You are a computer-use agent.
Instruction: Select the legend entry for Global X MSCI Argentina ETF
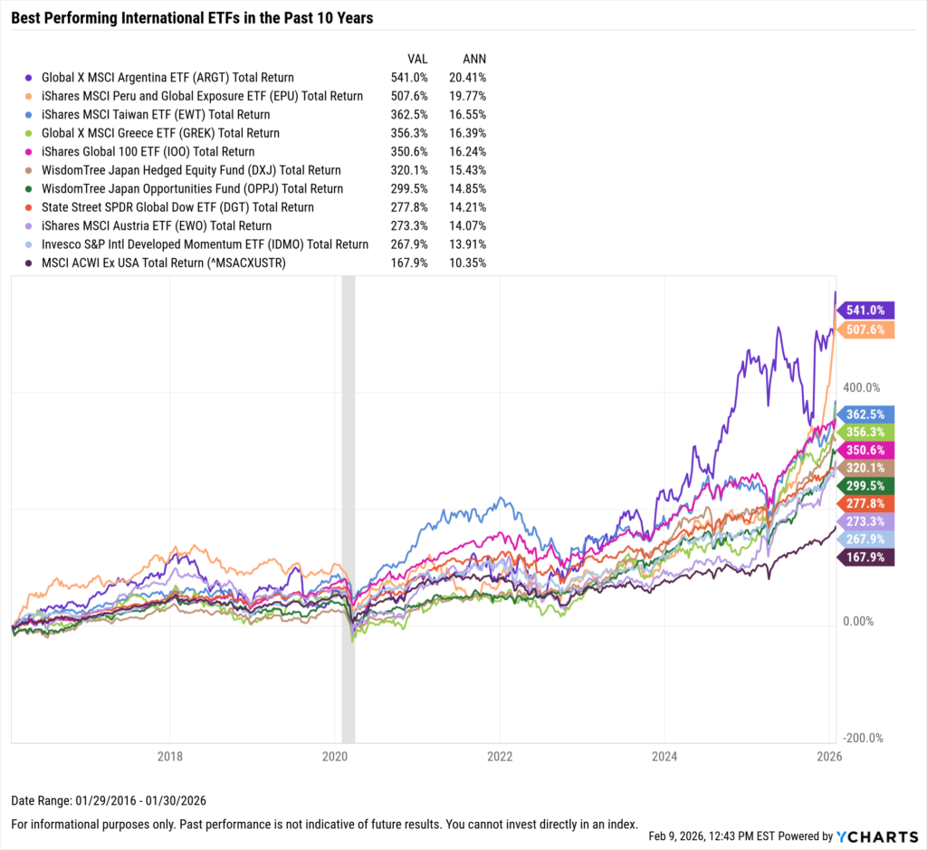tap(167, 78)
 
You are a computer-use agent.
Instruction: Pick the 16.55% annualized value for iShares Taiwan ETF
tap(468, 115)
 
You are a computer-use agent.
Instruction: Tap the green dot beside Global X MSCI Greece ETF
tap(31, 133)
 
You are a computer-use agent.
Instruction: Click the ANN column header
tap(474, 58)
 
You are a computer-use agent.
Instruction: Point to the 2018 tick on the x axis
tap(170, 755)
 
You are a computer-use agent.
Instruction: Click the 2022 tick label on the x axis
tap(500, 755)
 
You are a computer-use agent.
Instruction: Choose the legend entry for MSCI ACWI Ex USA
tap(168, 263)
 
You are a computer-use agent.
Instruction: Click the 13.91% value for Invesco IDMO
tap(468, 244)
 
